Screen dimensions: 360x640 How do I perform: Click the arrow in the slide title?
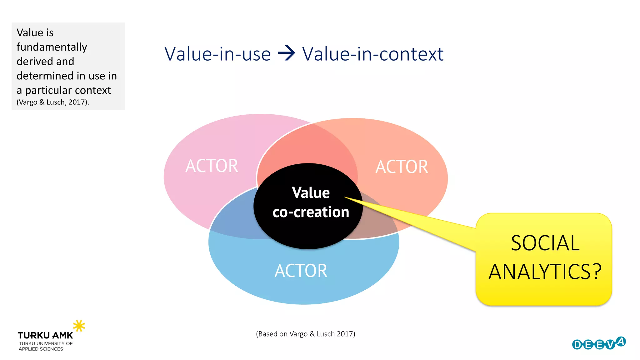point(286,53)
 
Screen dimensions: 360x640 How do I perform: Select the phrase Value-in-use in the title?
point(217,54)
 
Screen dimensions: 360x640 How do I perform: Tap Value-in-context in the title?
point(372,54)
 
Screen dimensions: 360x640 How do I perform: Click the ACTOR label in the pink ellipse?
point(212,166)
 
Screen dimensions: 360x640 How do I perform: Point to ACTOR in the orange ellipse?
point(402,167)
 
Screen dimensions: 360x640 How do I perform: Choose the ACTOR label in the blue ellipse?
point(301,271)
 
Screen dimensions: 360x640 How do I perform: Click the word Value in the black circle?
point(311,192)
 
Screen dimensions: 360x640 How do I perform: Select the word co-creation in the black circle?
point(311,212)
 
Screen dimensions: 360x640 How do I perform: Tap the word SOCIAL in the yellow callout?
point(545,243)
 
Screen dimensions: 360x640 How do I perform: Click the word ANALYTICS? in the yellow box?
point(545,272)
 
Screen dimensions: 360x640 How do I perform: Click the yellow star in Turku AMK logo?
point(79,326)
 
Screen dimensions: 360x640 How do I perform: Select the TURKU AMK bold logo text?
point(45,336)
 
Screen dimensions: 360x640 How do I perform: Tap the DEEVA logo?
point(599,343)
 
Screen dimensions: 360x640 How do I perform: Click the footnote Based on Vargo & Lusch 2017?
point(305,334)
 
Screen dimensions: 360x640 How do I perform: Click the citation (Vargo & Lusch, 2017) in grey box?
point(53,102)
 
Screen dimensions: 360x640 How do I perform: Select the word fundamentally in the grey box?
point(52,47)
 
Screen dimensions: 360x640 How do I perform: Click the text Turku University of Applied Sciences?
point(45,346)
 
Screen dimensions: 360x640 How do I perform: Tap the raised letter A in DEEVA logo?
point(621,342)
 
